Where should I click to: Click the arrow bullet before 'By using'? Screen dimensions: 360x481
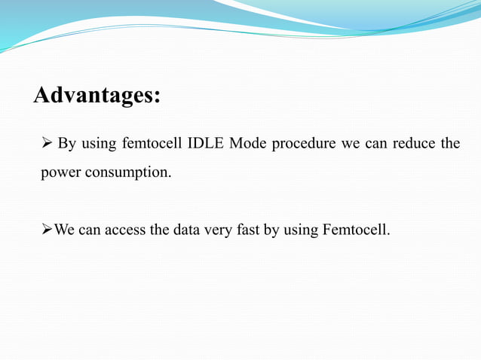click(x=46, y=144)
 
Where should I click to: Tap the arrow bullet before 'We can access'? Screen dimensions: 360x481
click(x=47, y=230)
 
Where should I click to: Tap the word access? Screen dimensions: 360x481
click(x=125, y=230)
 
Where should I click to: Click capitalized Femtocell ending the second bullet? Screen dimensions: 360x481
click(x=356, y=230)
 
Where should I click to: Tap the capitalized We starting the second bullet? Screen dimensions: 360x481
click(x=65, y=230)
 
